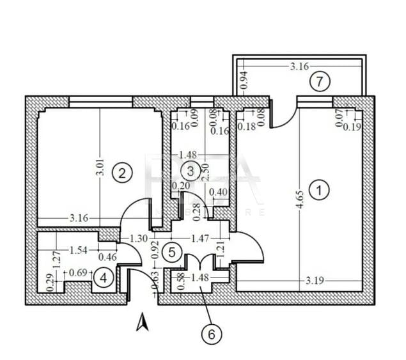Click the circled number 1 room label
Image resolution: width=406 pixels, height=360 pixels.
point(317,189)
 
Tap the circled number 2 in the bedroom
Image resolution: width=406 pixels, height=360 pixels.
point(121,171)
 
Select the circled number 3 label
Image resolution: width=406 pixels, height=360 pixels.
point(190,170)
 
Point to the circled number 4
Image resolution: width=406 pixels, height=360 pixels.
point(102,278)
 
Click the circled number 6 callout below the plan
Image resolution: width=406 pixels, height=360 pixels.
point(212,333)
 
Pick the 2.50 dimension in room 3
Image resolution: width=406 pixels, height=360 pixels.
point(204,171)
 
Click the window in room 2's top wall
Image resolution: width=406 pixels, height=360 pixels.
point(100,101)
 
